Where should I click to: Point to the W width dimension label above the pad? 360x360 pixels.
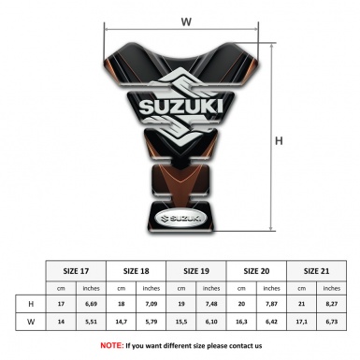(186, 18)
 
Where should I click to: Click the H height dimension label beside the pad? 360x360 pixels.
(278, 140)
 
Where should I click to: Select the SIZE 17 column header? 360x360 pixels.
(78, 271)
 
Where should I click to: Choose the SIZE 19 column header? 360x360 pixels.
(197, 271)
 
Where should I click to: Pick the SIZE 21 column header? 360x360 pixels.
(316, 271)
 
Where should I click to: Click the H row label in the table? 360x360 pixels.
(32, 304)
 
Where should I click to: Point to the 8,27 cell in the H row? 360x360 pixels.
(331, 304)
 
